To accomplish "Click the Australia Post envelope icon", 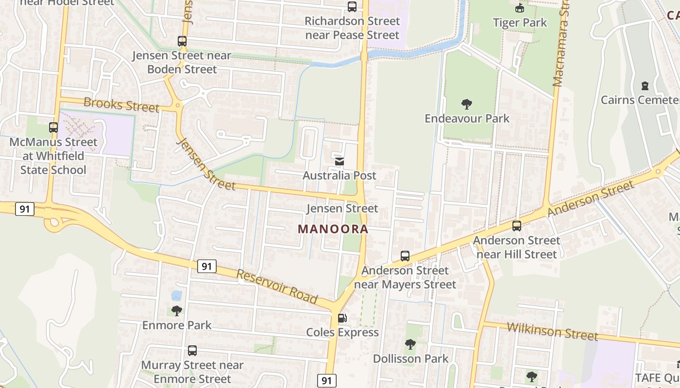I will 340,161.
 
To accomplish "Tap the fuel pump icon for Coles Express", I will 342,318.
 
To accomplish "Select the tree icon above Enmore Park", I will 177,310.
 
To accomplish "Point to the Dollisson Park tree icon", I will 410,344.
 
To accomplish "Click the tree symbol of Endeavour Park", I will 467,104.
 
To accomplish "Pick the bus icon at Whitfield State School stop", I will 53,128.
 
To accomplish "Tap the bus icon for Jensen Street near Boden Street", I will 182,41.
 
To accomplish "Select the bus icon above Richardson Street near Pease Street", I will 352,7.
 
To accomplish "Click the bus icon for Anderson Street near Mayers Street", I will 405,256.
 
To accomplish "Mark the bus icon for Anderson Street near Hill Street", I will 517,226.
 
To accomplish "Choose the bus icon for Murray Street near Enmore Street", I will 192,350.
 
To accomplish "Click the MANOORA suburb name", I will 333,229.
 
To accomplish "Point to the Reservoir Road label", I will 277,287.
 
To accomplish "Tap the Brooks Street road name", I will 121,104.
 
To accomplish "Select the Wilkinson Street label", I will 552,331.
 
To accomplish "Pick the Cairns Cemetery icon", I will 645,86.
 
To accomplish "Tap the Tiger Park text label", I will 520,23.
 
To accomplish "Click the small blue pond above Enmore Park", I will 176,295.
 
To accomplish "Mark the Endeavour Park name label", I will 467,118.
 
